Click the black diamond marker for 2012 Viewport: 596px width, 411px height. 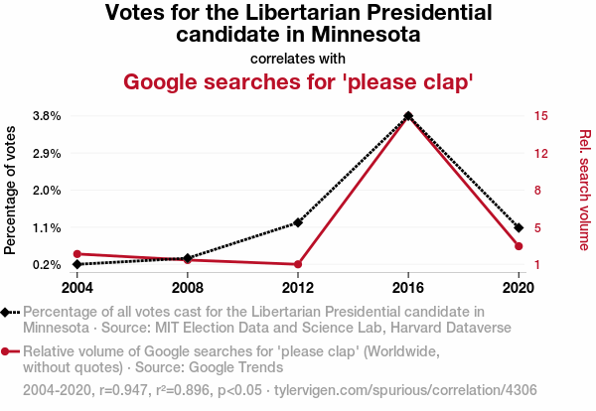tap(298, 222)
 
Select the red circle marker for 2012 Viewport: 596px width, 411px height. tap(298, 264)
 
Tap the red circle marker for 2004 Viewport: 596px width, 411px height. tap(76, 254)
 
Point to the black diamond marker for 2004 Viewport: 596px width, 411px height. tap(76, 264)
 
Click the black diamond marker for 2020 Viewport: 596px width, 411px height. tap(519, 227)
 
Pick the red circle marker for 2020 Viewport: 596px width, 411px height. tap(519, 246)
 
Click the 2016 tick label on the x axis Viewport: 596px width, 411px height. tap(408, 288)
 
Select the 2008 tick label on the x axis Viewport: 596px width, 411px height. tap(188, 288)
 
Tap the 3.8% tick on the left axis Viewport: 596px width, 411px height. tap(47, 115)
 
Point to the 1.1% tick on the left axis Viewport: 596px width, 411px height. tap(47, 227)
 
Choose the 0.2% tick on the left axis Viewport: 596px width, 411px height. tap(47, 264)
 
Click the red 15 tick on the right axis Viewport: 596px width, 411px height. tap(540, 115)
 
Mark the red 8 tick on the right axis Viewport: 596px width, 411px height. tap(537, 190)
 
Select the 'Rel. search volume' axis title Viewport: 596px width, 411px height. tap(584, 190)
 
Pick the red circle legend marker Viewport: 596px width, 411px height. tap(8, 351)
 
